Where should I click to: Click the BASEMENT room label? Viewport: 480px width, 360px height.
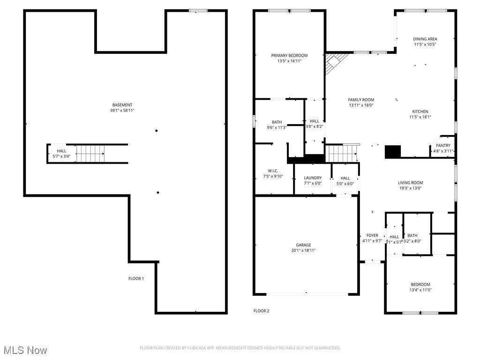click(122, 105)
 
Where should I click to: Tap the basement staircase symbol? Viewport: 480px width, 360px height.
click(90, 153)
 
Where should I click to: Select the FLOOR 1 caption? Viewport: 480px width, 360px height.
click(136, 278)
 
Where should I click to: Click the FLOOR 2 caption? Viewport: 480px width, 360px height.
click(261, 311)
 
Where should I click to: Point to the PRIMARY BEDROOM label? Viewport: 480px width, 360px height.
click(289, 55)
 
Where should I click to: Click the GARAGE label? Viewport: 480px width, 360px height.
click(303, 245)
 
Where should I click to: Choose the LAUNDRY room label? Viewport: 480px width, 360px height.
click(313, 178)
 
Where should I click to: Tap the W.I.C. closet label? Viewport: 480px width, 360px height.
click(273, 171)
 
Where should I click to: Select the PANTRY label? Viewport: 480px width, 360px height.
click(443, 146)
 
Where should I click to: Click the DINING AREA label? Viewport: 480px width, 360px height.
click(425, 39)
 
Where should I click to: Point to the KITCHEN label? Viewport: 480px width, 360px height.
click(420, 112)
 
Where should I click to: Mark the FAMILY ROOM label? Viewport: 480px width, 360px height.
click(361, 100)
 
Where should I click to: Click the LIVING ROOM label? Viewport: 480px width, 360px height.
click(411, 183)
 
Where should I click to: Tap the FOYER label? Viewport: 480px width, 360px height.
click(372, 235)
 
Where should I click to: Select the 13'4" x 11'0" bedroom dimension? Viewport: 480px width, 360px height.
click(420, 290)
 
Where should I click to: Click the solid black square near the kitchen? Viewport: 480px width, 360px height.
click(393, 151)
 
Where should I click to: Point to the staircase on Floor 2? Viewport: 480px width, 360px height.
click(342, 153)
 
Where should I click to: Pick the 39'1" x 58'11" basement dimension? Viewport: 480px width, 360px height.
click(122, 111)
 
